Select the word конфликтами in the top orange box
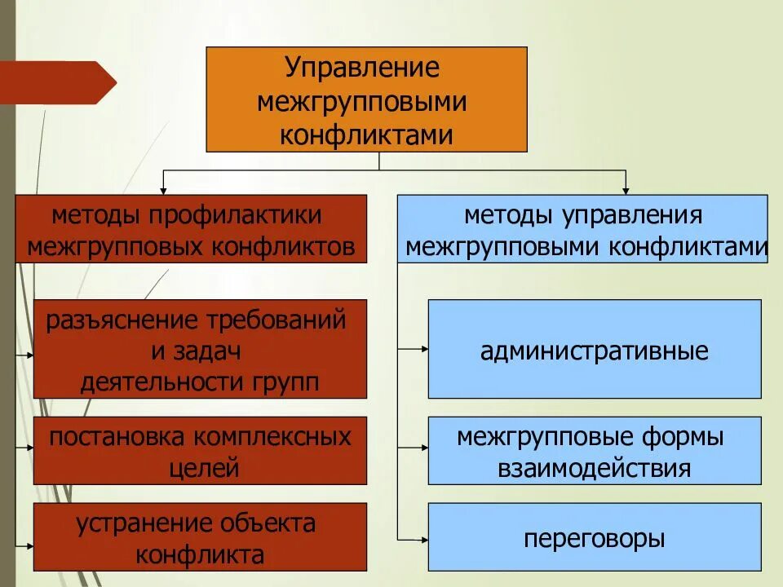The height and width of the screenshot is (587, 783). click(x=366, y=135)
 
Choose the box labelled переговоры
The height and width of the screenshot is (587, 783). click(x=595, y=538)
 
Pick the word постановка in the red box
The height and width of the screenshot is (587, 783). click(x=117, y=437)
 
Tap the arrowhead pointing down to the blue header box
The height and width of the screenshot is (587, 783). click(x=626, y=189)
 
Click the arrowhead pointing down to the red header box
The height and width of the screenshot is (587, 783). click(x=163, y=189)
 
